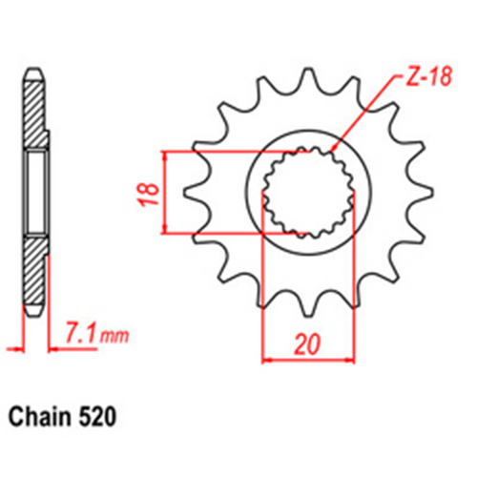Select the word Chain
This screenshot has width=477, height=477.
tap(37, 417)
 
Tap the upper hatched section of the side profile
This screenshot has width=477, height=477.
tap(34, 114)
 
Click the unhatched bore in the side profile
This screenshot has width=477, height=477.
tap(34, 191)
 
